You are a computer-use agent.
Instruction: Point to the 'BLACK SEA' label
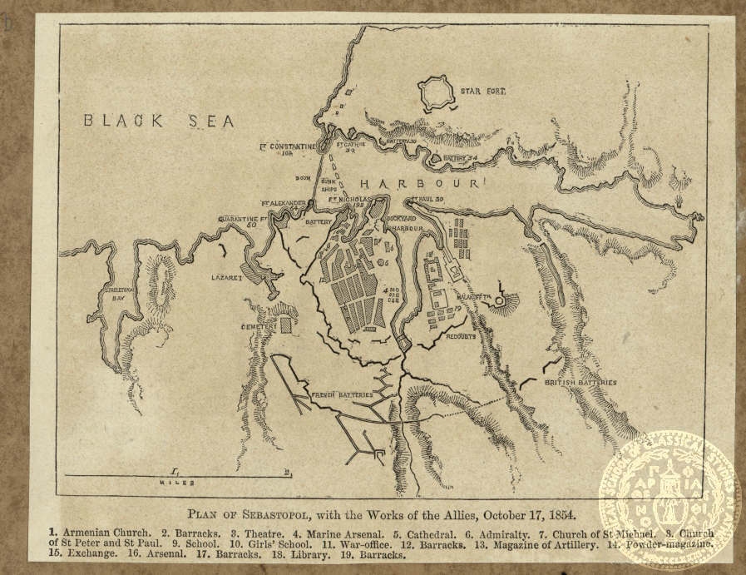click(158, 121)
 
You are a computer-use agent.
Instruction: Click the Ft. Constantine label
click(289, 148)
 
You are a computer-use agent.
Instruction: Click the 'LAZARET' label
click(226, 277)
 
